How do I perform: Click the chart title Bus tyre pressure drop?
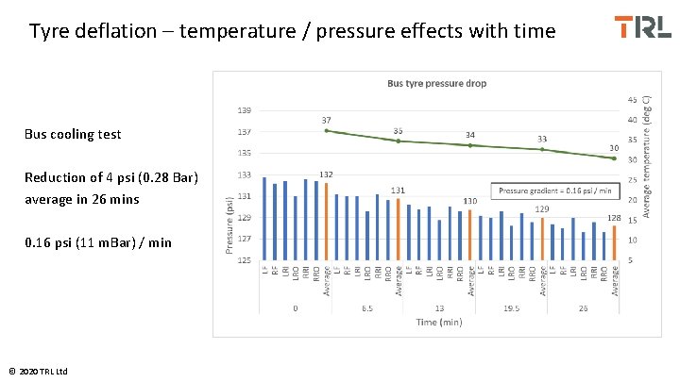click(436, 83)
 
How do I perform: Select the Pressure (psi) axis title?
click(229, 224)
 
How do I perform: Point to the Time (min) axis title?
click(438, 322)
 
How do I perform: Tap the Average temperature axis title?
click(647, 155)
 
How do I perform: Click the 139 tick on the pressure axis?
click(244, 110)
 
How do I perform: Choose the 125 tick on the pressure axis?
click(244, 259)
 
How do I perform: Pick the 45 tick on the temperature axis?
click(631, 99)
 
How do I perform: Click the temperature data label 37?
click(326, 121)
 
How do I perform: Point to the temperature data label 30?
click(614, 148)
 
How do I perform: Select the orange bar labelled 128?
click(614, 242)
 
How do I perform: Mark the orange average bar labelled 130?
click(470, 234)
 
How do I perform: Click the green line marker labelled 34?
click(470, 145)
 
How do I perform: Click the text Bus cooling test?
click(73, 134)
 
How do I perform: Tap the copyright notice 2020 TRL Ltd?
click(39, 371)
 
